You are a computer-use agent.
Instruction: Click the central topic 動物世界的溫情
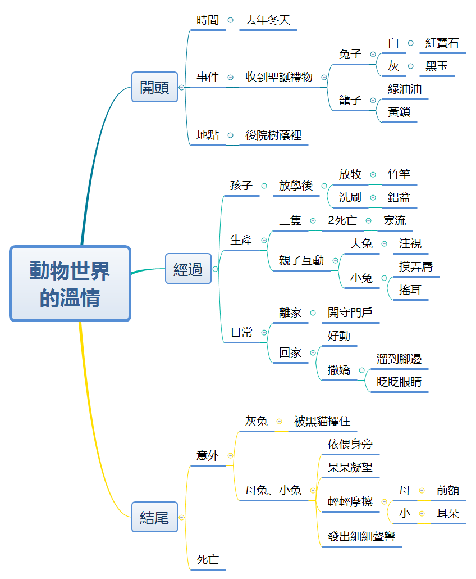pyautogui.click(x=70, y=283)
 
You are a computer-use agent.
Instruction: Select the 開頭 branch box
pyautogui.click(x=154, y=87)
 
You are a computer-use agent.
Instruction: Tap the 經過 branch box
pyautogui.click(x=188, y=269)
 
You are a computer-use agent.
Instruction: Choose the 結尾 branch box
pyautogui.click(x=154, y=517)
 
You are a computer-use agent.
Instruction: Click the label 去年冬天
pyautogui.click(x=268, y=20)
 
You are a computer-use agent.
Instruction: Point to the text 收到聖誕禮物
pyautogui.click(x=279, y=77)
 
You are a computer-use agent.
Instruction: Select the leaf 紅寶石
pyautogui.click(x=442, y=43)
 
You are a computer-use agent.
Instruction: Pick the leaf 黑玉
pyautogui.click(x=437, y=66)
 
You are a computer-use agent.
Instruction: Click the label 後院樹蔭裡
pyautogui.click(x=273, y=135)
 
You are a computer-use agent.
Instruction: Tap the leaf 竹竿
pyautogui.click(x=399, y=174)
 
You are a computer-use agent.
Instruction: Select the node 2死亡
pyautogui.click(x=342, y=220)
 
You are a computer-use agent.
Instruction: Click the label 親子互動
pyautogui.click(x=301, y=260)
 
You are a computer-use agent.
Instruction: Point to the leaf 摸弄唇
pyautogui.click(x=416, y=266)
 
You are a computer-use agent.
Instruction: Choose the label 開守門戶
pyautogui.click(x=350, y=313)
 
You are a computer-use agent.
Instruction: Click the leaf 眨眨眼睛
pyautogui.click(x=399, y=382)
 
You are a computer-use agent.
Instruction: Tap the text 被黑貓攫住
pyautogui.click(x=322, y=421)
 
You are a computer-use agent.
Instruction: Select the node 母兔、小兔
pyautogui.click(x=273, y=490)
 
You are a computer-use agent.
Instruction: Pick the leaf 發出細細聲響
pyautogui.click(x=361, y=536)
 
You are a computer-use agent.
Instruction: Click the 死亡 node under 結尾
pyautogui.click(x=208, y=559)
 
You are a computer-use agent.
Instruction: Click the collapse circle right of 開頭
pyautogui.click(x=181, y=87)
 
